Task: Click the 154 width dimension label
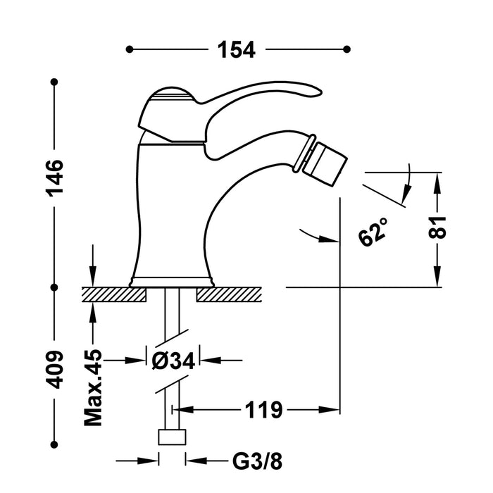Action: (x=236, y=49)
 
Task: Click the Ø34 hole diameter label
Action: (x=173, y=360)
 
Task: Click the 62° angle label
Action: (x=373, y=231)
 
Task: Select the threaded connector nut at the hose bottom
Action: (x=172, y=438)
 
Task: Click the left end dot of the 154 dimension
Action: (x=129, y=49)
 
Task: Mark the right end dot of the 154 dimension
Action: (x=347, y=49)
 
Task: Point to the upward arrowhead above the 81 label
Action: (x=438, y=180)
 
